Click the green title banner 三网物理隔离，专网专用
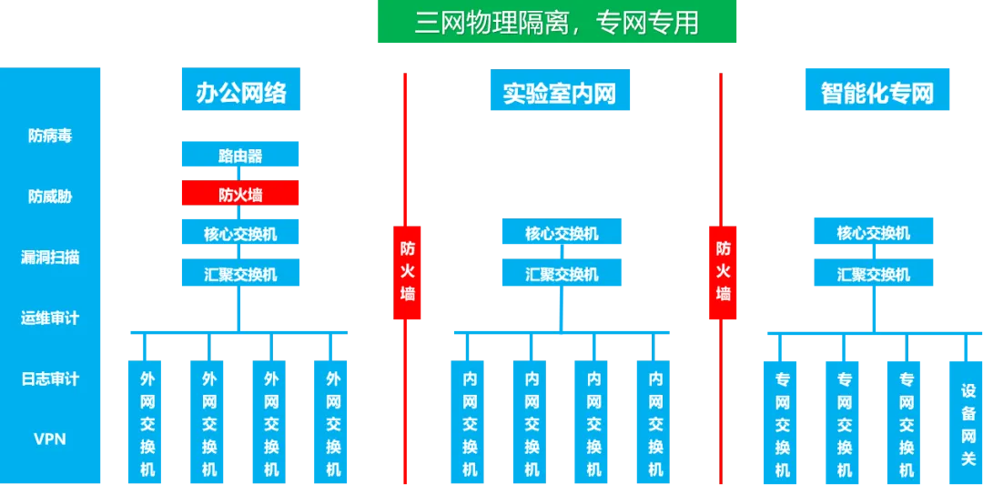556,22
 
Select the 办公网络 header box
240,92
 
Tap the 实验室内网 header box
559,92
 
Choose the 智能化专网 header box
877,92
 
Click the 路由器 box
240,156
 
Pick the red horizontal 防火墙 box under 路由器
240,194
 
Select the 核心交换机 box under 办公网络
240,233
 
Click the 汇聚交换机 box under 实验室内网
562,273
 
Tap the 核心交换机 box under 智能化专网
874,233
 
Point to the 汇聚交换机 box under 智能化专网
874,273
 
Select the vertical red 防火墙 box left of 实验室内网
408,271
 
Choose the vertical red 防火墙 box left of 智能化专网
724,271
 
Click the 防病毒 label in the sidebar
50,136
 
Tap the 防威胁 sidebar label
50,197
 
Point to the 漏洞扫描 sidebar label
50,258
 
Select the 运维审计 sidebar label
50,318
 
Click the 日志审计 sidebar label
50,379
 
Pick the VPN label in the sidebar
50,439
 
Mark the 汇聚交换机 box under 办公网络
240,273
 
